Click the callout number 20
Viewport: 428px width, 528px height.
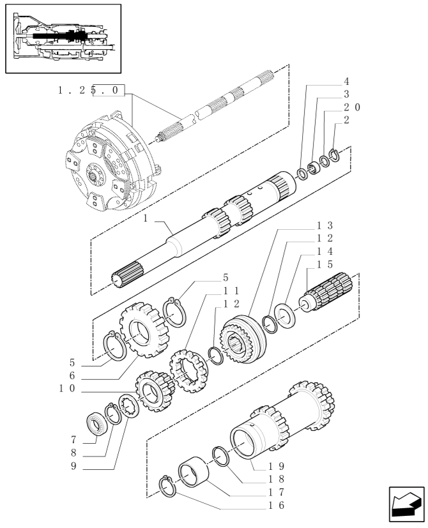[352, 107]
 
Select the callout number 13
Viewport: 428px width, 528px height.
[325, 225]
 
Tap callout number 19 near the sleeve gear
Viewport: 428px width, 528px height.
[277, 466]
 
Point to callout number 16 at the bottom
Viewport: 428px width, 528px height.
[277, 505]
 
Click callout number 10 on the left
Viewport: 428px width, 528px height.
[67, 388]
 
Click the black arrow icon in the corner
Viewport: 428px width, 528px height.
[406, 504]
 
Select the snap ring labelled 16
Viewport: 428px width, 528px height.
[167, 486]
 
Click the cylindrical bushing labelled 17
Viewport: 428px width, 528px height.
[194, 471]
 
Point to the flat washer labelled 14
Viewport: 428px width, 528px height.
[285, 316]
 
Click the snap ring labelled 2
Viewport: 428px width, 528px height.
[334, 155]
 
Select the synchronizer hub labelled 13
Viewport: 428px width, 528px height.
[243, 339]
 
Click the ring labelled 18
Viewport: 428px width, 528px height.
[221, 456]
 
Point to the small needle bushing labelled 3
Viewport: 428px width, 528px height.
[314, 168]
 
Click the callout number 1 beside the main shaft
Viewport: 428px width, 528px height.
[145, 218]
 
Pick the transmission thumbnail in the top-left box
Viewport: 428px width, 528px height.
[63, 38]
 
